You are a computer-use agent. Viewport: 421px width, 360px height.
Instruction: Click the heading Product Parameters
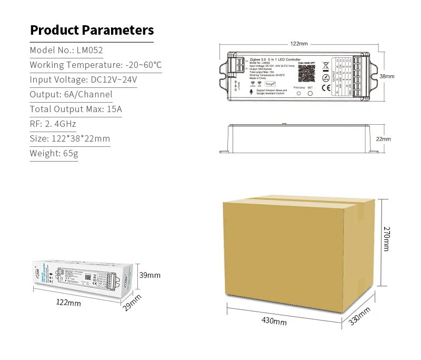pyautogui.click(x=92, y=30)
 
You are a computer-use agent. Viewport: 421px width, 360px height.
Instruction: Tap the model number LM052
pyautogui.click(x=90, y=51)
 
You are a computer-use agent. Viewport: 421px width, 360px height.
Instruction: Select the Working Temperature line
pyautogui.click(x=95, y=65)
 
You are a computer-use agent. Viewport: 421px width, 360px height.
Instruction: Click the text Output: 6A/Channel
pyautogui.click(x=71, y=95)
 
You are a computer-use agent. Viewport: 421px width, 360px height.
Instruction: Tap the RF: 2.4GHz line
pyautogui.click(x=53, y=124)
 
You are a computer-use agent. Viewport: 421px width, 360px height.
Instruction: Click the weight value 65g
pyautogui.click(x=70, y=154)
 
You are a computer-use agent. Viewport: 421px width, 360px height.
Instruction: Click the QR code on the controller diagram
pyautogui.click(x=305, y=73)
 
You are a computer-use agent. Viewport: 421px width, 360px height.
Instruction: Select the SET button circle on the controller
pyautogui.click(x=310, y=93)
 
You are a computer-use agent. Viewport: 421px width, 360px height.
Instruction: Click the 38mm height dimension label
pyautogui.click(x=387, y=76)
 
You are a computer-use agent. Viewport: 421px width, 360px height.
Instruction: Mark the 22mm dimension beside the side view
pyautogui.click(x=384, y=139)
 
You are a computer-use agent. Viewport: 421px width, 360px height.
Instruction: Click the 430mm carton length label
pyautogui.click(x=274, y=321)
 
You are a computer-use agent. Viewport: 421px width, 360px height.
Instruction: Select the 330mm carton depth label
pyautogui.click(x=360, y=315)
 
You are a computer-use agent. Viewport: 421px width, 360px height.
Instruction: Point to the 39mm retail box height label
pyautogui.click(x=150, y=275)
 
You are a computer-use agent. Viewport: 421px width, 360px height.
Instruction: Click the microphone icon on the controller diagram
pyautogui.click(x=250, y=91)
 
